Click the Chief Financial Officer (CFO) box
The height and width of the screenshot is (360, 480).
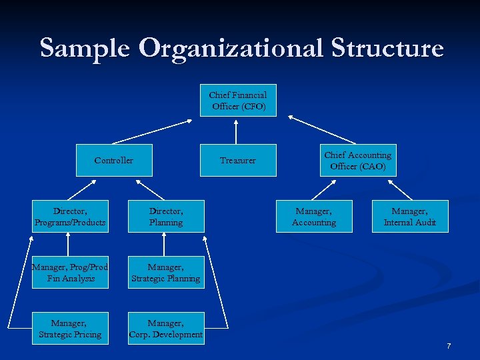pos(238,101)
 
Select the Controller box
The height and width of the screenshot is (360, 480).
pos(114,161)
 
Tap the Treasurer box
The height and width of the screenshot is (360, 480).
pos(238,161)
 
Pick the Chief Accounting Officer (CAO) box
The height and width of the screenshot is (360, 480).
pos(358,161)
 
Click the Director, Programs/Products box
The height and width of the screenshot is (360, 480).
pos(70,216)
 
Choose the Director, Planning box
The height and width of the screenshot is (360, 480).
pos(166,216)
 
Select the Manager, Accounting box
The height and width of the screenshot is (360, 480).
pos(314,216)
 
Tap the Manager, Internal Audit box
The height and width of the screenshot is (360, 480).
pos(410,216)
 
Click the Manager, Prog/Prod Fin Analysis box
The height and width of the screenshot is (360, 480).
pos(70,272)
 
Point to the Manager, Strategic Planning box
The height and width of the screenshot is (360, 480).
pos(166,272)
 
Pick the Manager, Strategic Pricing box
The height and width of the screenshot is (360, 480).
pos(70,328)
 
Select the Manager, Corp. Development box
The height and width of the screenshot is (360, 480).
pos(166,328)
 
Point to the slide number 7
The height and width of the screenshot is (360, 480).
pos(449,346)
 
